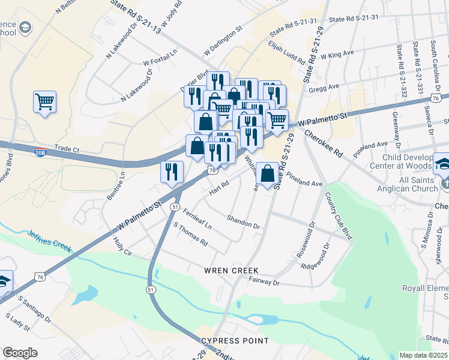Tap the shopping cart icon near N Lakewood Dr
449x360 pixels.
coord(44,102)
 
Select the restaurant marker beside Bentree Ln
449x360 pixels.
coord(172,172)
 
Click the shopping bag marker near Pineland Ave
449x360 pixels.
coord(267,173)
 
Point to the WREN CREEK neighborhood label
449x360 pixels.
coord(231,271)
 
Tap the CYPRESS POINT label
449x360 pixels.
coord(235,341)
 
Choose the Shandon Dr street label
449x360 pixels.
coord(243,223)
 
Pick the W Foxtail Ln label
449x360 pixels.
coord(160,58)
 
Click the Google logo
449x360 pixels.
coord(20,352)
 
